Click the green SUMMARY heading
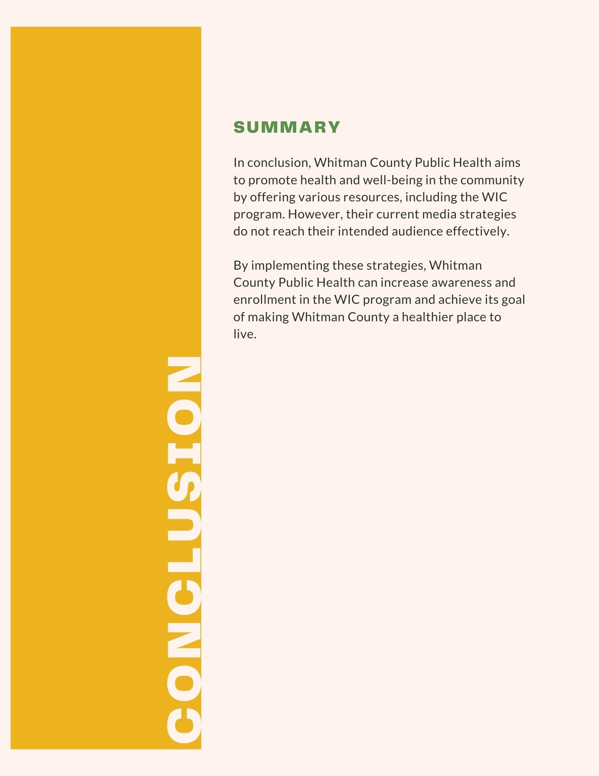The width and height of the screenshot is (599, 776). point(287,127)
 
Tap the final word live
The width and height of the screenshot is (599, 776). point(244,334)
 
